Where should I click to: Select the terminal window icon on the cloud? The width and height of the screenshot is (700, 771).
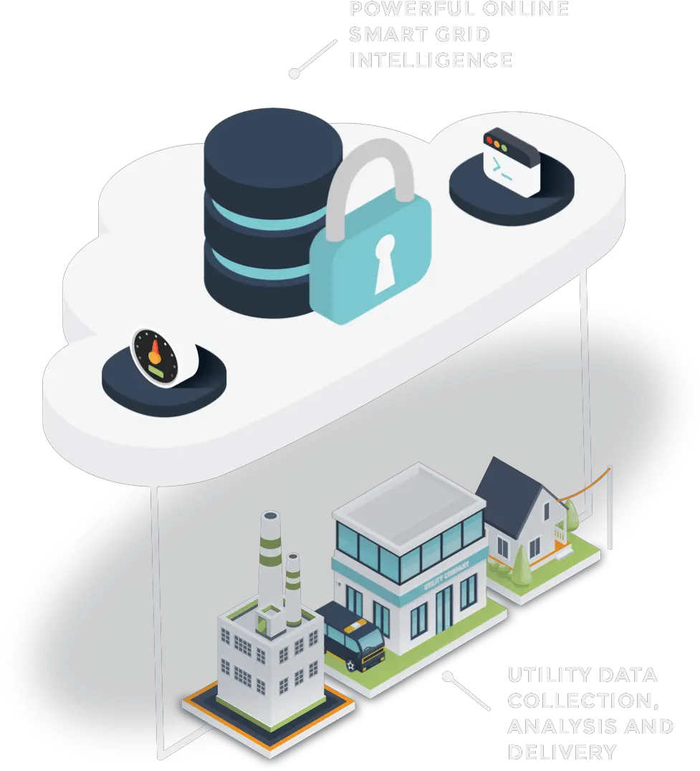click(510, 163)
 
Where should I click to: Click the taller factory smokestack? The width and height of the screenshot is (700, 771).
click(271, 566)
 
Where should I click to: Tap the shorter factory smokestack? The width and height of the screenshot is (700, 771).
click(294, 588)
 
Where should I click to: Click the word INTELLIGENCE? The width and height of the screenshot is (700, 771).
click(431, 60)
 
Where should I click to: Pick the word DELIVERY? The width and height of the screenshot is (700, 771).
click(562, 752)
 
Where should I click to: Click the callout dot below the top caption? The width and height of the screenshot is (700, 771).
click(293, 73)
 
